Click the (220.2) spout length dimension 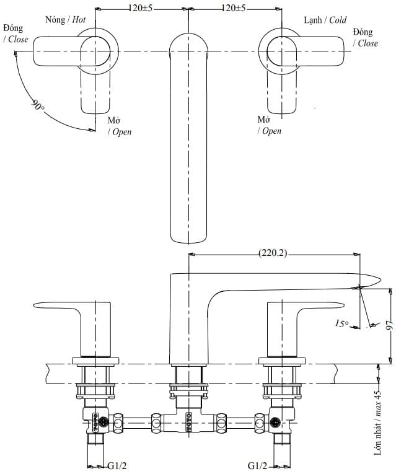click(x=273, y=253)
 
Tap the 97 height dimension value click(x=387, y=325)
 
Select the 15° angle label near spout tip click(x=342, y=323)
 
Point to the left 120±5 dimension click(x=142, y=8)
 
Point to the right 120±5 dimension click(x=233, y=8)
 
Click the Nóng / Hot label click(x=66, y=20)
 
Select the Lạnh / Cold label click(x=325, y=20)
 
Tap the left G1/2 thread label click(x=118, y=465)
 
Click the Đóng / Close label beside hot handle click(x=15, y=34)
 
